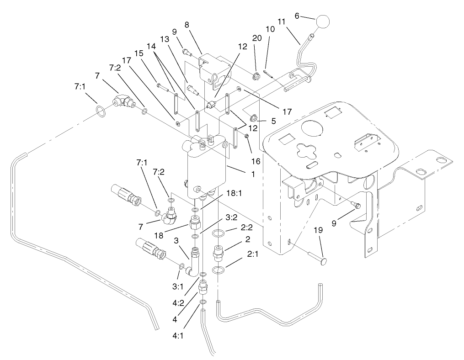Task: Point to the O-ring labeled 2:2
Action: pyautogui.click(x=219, y=233)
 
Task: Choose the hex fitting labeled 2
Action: pyautogui.click(x=218, y=252)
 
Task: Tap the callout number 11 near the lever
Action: pyautogui.click(x=282, y=21)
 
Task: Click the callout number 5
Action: pyautogui.click(x=273, y=122)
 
